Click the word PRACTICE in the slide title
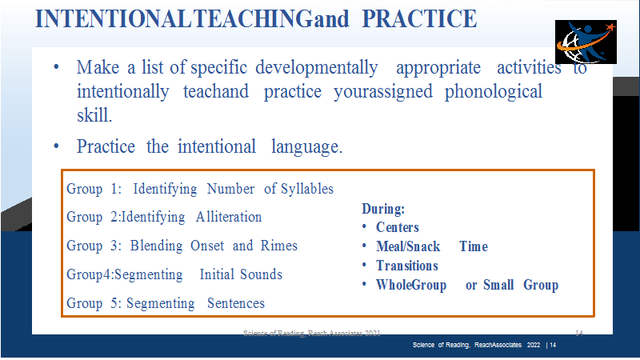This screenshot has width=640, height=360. [419, 18]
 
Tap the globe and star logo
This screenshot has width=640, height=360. [586, 42]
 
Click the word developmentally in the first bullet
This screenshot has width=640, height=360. [317, 68]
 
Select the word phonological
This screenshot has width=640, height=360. [493, 92]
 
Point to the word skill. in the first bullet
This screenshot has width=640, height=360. [94, 115]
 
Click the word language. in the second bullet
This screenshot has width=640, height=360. [307, 147]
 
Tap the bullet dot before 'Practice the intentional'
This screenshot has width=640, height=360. [56, 146]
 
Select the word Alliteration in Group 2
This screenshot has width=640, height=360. [229, 217]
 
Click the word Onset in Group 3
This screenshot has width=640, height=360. [207, 246]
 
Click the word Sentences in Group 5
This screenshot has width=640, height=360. [236, 303]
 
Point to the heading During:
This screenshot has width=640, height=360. [383, 209]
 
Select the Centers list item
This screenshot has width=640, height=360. [398, 227]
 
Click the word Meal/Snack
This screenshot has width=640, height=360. [408, 246]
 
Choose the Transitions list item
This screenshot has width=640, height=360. [407, 266]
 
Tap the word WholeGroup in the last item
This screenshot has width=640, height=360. [411, 285]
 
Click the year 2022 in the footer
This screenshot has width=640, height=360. [534, 345]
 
